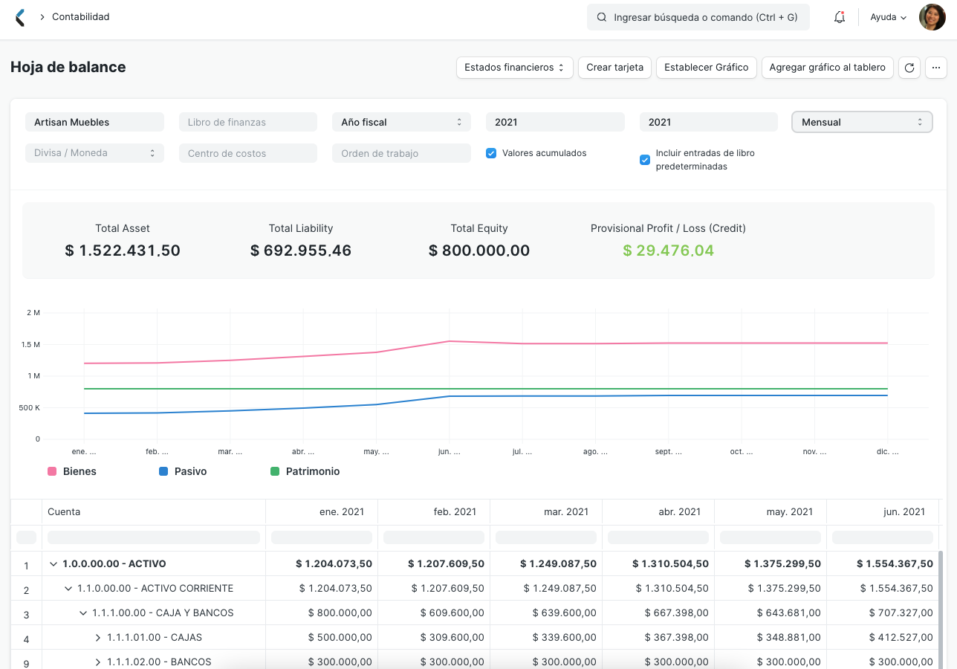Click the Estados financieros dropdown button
[x=514, y=67]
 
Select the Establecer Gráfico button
[x=706, y=67]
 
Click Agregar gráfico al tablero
[x=827, y=67]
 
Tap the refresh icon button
[x=909, y=68]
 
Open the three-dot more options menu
[x=935, y=68]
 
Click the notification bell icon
[x=840, y=17]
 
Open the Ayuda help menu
[x=888, y=17]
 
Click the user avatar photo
[x=932, y=17]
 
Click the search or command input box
[x=698, y=17]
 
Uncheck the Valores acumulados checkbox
[x=491, y=153]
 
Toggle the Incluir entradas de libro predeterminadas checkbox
[x=645, y=160]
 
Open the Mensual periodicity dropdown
[x=862, y=122]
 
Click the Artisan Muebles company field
[x=94, y=122]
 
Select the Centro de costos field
[x=247, y=153]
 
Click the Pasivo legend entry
[x=183, y=471]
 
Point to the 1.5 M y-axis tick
[x=31, y=344]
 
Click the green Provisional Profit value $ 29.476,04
[x=668, y=251]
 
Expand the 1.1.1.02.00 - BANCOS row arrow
[x=98, y=662]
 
